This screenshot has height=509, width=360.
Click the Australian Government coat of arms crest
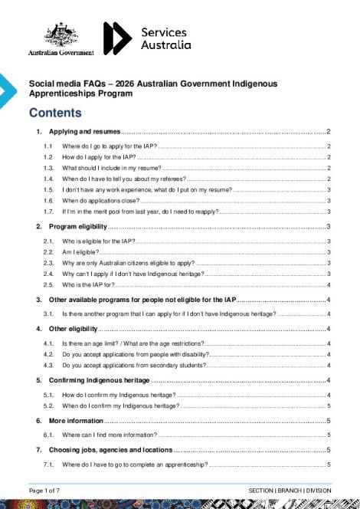(x=61, y=35)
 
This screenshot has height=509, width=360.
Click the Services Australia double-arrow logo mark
(x=117, y=38)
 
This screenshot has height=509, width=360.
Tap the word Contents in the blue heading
(x=55, y=113)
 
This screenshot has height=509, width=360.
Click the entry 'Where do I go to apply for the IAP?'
(x=109, y=146)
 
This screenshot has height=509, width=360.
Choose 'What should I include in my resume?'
(x=111, y=167)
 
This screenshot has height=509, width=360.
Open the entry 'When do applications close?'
(x=100, y=199)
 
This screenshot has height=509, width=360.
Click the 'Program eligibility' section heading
(x=77, y=227)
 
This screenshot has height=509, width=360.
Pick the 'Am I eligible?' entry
(x=81, y=251)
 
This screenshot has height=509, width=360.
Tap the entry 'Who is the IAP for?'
(x=89, y=284)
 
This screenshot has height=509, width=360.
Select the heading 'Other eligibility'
(x=74, y=329)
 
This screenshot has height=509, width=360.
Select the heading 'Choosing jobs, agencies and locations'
(x=110, y=449)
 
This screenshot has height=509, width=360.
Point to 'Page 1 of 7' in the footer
(x=44, y=490)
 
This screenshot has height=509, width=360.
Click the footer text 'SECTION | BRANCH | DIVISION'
(x=290, y=490)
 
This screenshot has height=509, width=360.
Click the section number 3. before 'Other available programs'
(x=39, y=299)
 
